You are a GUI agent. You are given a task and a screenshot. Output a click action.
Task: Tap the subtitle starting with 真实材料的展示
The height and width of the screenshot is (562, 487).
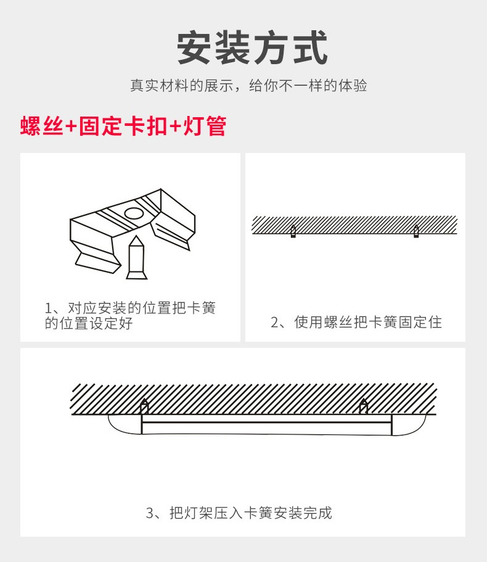248,86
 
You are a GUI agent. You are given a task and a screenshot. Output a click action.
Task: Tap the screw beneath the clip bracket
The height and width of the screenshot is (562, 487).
136,258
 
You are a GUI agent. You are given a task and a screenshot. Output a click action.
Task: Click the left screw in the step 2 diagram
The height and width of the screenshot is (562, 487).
293,232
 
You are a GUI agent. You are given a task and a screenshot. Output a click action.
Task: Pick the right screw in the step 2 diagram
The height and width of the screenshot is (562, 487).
416,232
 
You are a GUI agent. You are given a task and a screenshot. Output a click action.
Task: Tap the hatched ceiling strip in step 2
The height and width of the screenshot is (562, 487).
354,225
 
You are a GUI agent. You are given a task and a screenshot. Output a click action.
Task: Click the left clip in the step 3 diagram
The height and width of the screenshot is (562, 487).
145,407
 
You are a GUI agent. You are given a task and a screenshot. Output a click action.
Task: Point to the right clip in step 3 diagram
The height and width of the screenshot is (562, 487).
364,407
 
